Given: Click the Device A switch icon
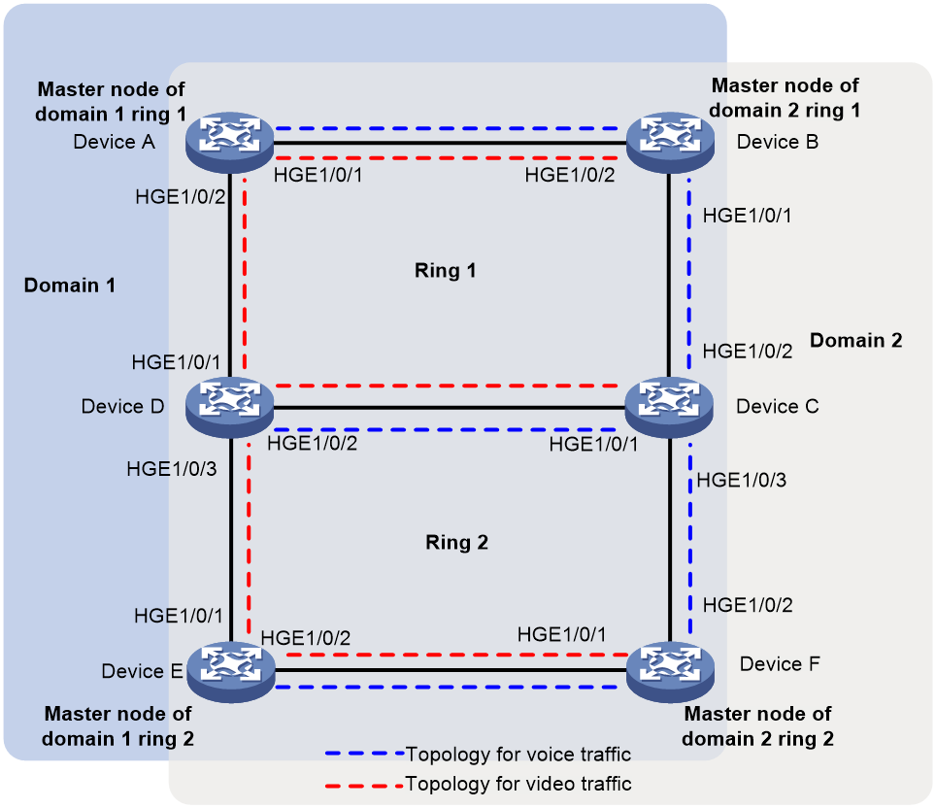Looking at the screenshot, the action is [x=229, y=142].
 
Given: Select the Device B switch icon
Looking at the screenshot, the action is [x=670, y=142].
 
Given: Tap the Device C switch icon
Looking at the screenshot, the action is [x=669, y=407].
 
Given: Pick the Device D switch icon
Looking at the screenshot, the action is [x=229, y=407].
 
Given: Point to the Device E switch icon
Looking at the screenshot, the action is [x=231, y=672].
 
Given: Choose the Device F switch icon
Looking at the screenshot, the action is [x=670, y=672].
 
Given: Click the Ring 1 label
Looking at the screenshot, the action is [x=446, y=271].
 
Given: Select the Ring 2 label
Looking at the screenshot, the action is [x=456, y=542].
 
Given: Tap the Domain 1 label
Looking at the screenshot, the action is [x=69, y=285].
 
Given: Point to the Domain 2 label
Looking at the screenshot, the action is [x=856, y=341].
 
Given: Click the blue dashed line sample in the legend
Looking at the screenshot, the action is [x=365, y=754].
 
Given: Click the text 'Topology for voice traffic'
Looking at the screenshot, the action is [x=518, y=755].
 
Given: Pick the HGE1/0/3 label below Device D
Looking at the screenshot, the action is [x=171, y=469].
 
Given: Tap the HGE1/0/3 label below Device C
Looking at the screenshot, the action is [x=742, y=480].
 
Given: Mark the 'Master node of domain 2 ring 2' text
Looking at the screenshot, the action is [x=757, y=726].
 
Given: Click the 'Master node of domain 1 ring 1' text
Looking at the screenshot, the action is [x=111, y=102].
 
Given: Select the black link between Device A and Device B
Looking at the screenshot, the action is [x=451, y=143].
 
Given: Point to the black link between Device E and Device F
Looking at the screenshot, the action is [x=451, y=670].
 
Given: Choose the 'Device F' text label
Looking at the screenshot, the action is [x=780, y=664].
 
